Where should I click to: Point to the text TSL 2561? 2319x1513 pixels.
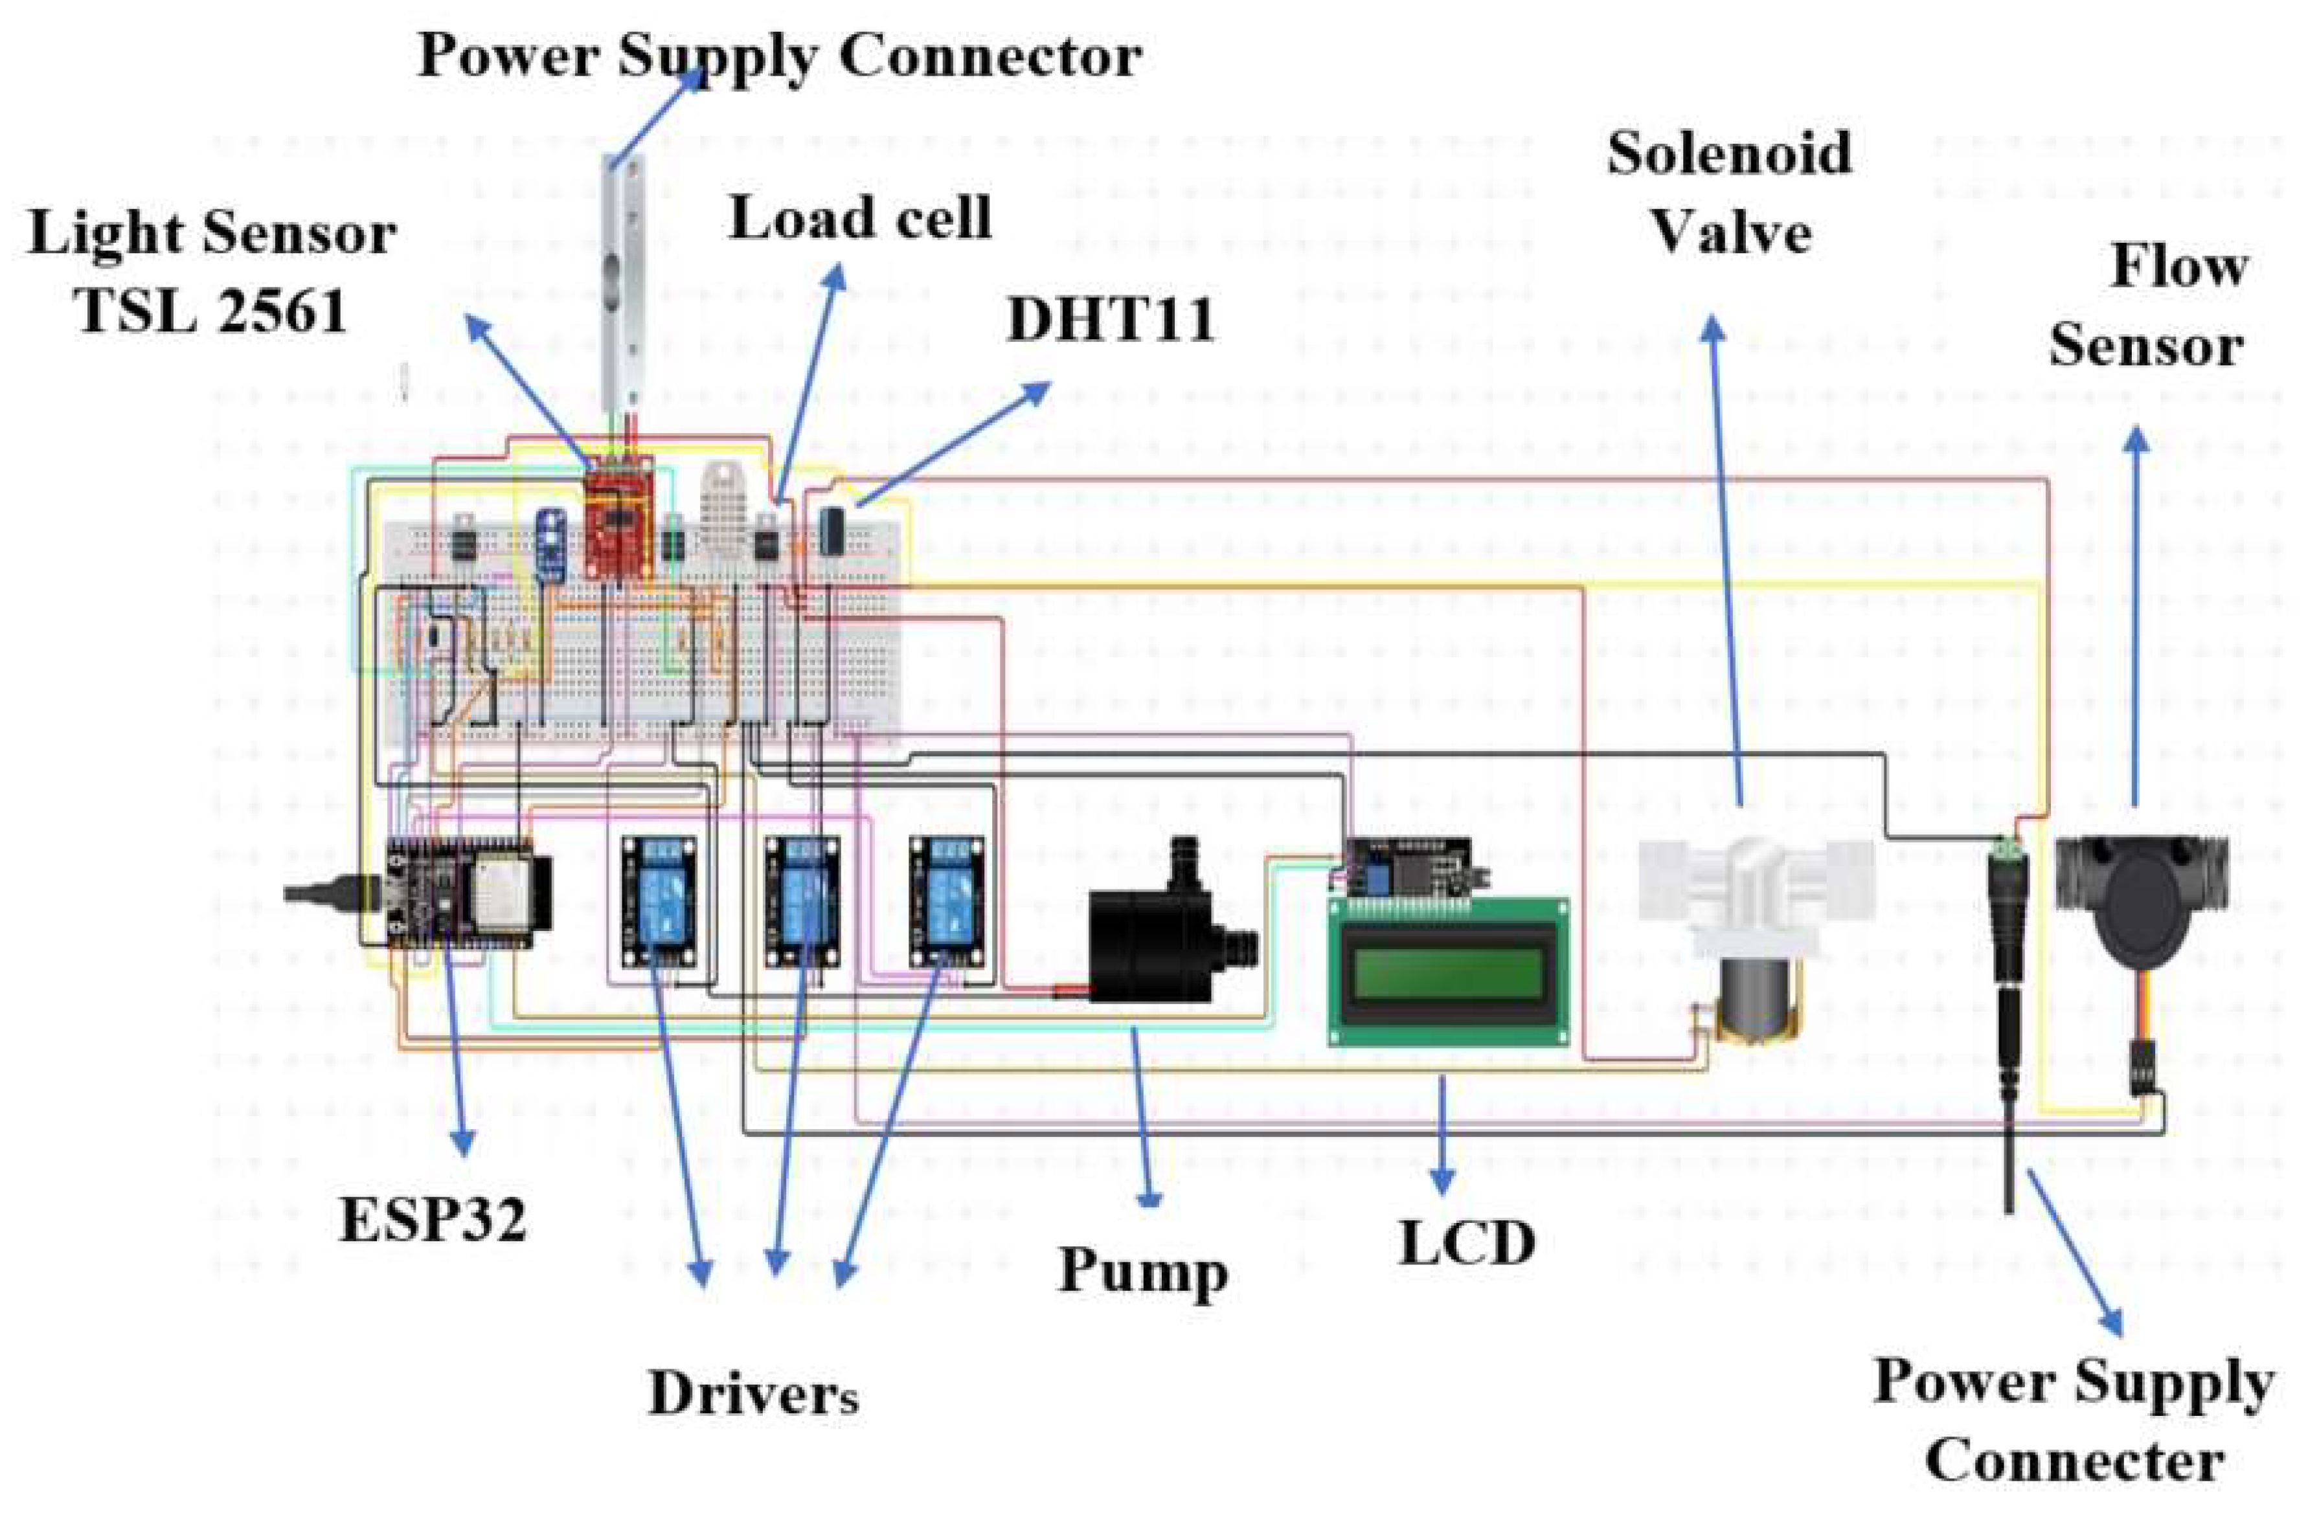point(212,312)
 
